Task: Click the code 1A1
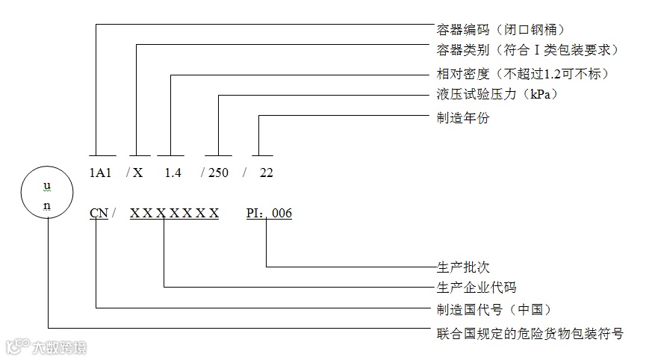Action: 100,173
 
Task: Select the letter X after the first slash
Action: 137,173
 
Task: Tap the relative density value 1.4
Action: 173,173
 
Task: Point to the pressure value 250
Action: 218,173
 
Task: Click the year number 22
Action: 266,173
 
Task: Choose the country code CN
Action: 98,214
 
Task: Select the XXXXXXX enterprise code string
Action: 174,214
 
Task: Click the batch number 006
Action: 282,214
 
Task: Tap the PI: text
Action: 256,214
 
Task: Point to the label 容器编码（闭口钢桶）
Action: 500,30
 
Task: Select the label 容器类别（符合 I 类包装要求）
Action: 527,50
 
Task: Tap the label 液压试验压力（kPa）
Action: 497,95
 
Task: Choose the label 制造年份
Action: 463,117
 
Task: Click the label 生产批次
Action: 463,267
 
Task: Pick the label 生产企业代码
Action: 477,287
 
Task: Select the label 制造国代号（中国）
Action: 499,308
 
